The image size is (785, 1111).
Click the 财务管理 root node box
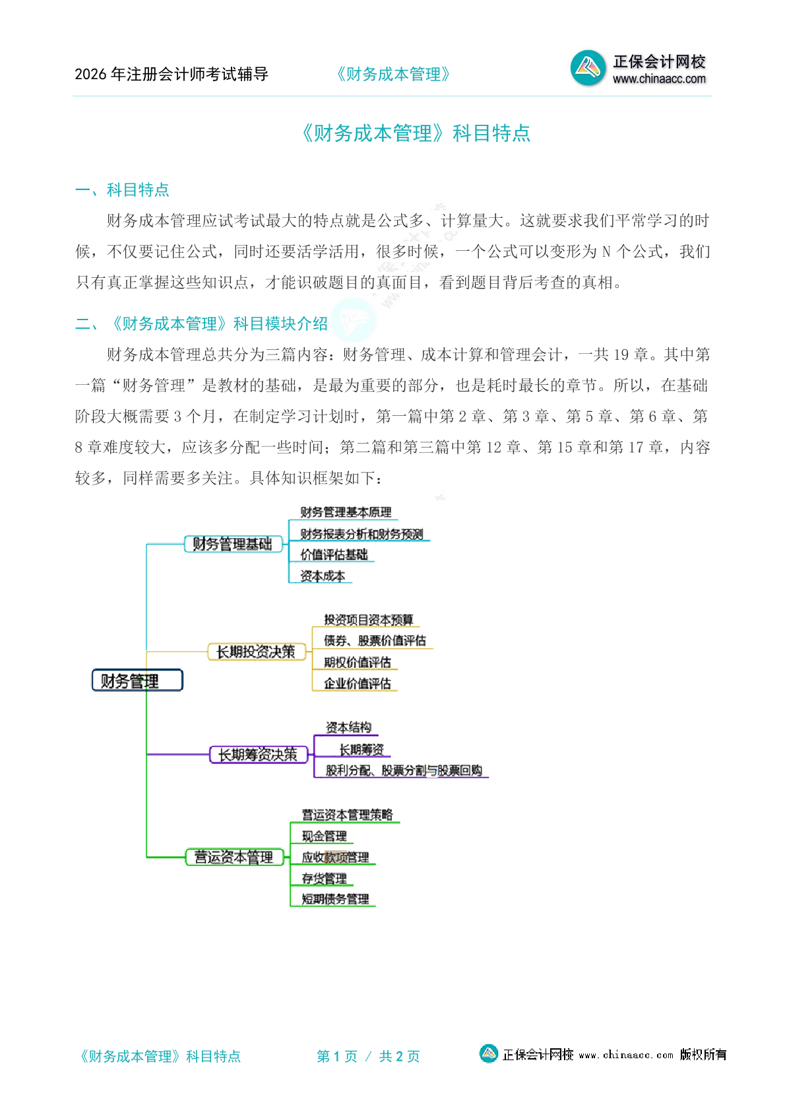[137, 681]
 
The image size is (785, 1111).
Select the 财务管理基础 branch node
[232, 544]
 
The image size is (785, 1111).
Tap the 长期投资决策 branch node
[256, 652]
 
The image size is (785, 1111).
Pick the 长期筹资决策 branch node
[258, 754]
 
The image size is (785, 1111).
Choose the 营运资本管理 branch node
[234, 857]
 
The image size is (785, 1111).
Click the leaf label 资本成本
[323, 576]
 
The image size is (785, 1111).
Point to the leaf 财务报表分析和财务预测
[361, 534]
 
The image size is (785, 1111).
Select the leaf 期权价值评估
[357, 662]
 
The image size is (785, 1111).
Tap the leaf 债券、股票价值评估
[375, 640]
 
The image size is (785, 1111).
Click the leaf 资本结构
[348, 727]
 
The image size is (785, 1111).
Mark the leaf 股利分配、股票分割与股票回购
[404, 770]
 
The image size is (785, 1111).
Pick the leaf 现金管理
[324, 836]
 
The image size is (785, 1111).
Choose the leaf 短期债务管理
[335, 898]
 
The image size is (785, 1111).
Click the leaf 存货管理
[324, 879]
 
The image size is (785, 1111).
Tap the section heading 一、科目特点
[122, 190]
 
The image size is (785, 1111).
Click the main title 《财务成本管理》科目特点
[416, 133]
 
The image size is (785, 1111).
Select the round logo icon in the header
[587, 68]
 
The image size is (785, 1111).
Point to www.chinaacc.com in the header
[659, 79]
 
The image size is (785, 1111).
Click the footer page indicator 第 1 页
[337, 1056]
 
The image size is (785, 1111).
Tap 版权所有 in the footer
[703, 1054]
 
